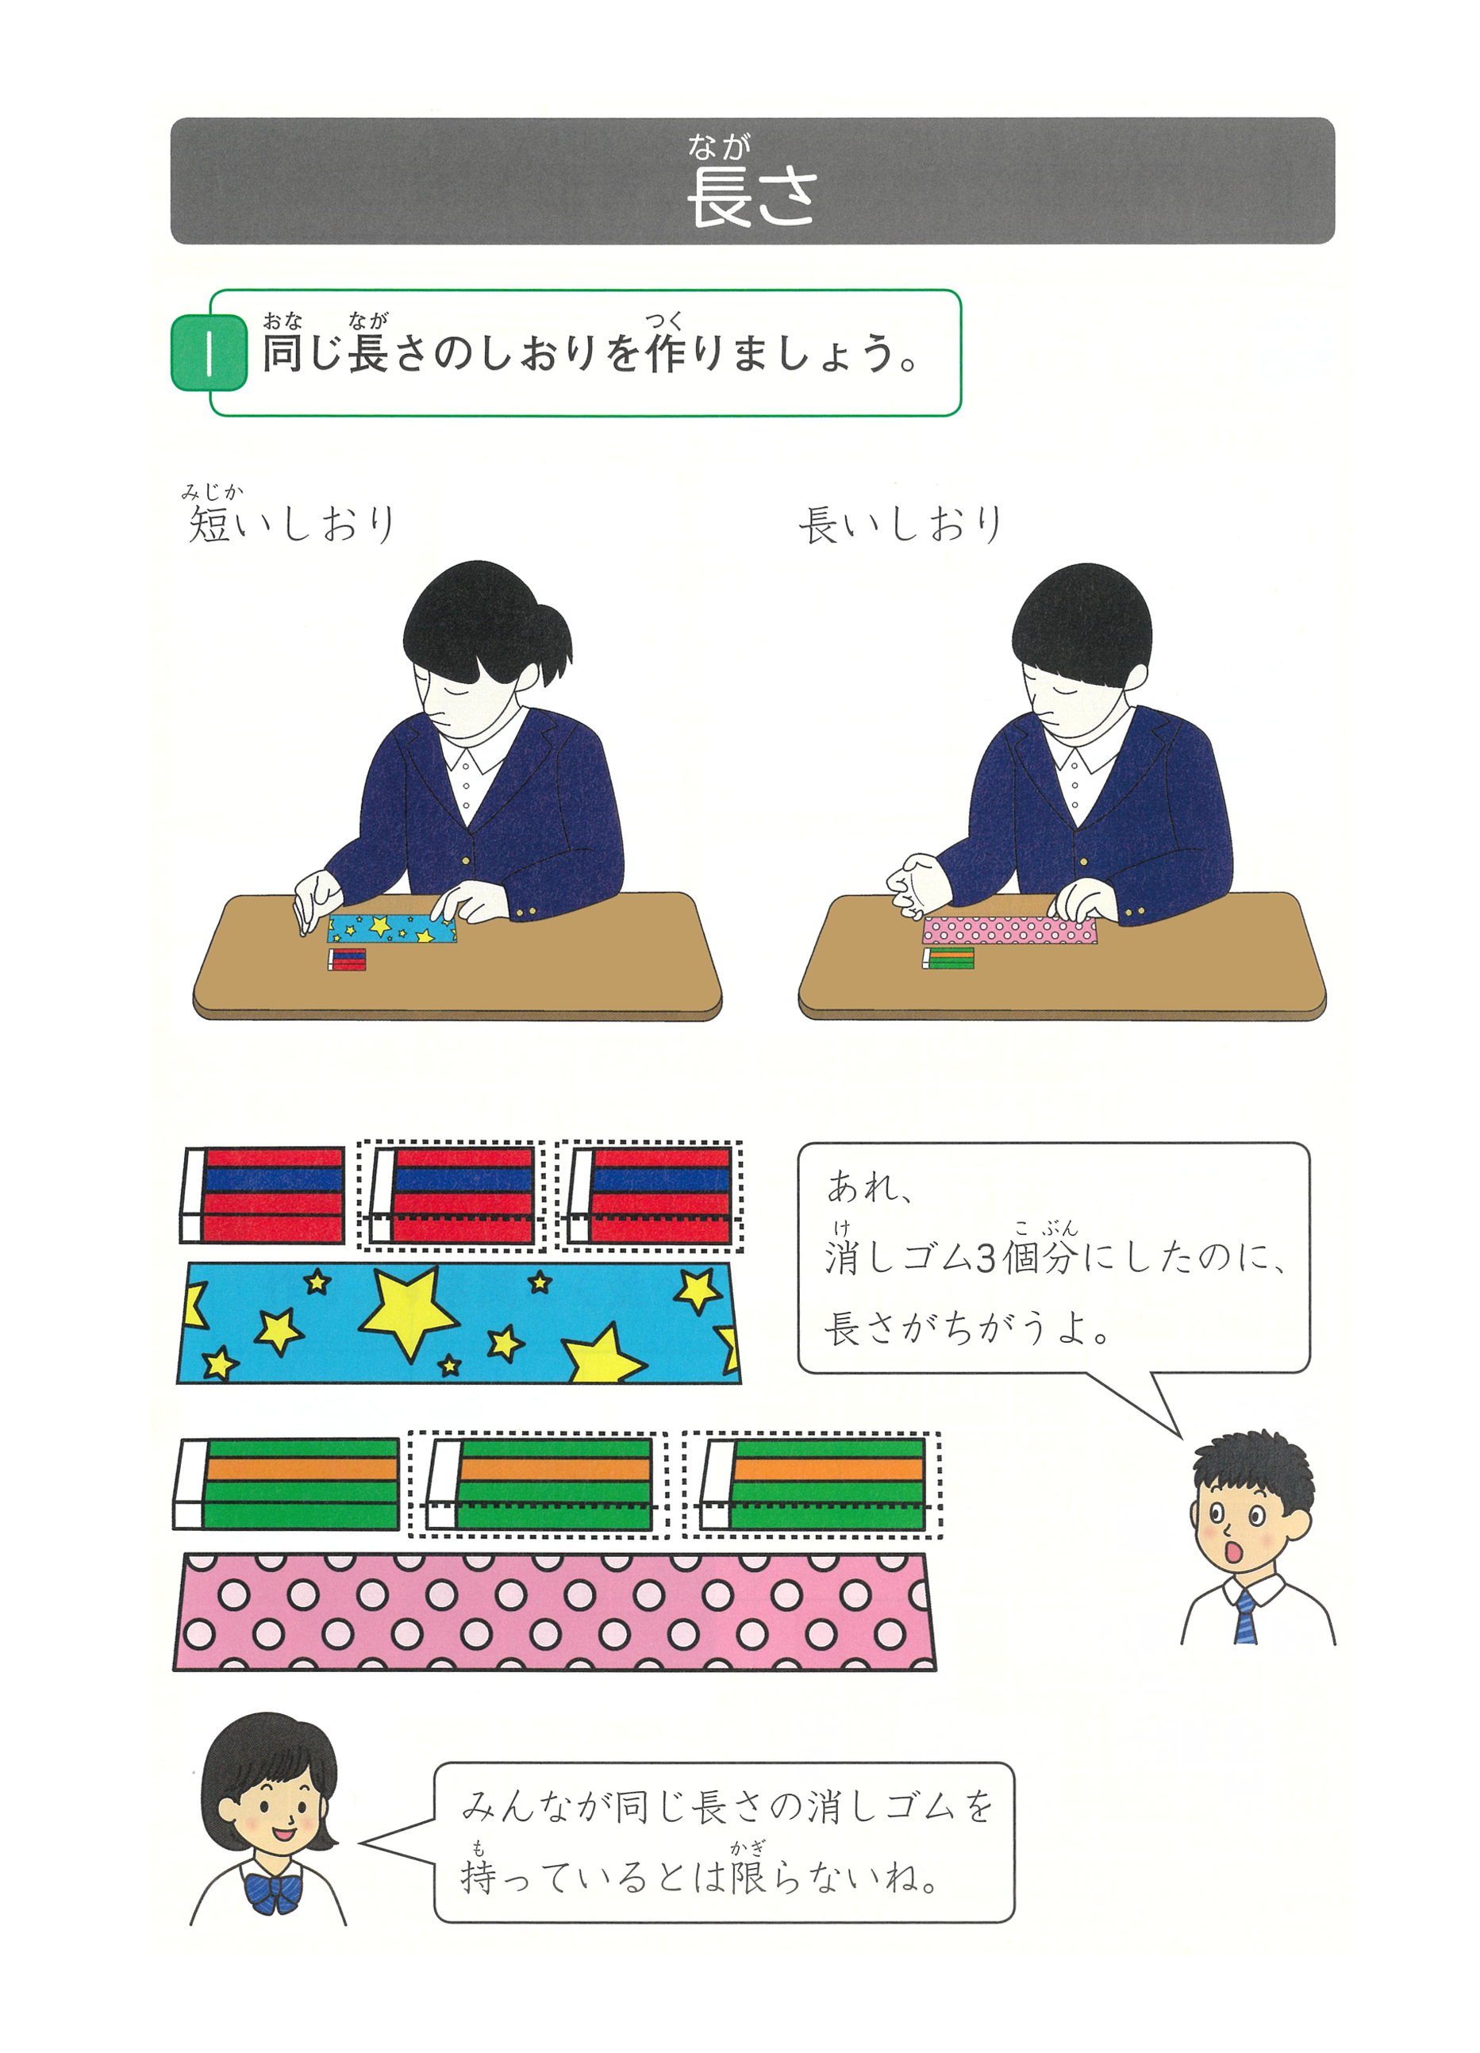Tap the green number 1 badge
click(209, 353)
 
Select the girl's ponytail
click(554, 645)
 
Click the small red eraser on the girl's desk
click(348, 959)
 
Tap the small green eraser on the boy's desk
click(948, 958)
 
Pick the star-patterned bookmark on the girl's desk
click(391, 928)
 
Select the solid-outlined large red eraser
click(263, 1195)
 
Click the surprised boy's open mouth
click(1234, 1555)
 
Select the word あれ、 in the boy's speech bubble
click(867, 1186)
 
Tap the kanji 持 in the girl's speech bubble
click(479, 1878)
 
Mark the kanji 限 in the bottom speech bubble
click(748, 1878)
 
